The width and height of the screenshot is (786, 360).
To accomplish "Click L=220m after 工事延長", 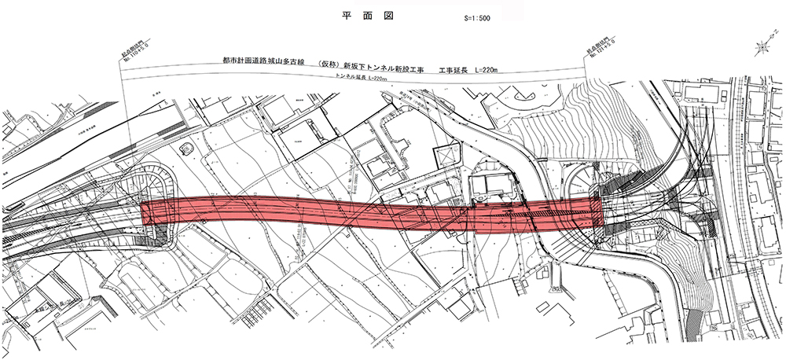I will [494, 61].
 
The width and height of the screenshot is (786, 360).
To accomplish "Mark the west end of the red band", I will [144, 211].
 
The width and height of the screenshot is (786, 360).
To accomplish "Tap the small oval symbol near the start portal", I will [186, 148].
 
